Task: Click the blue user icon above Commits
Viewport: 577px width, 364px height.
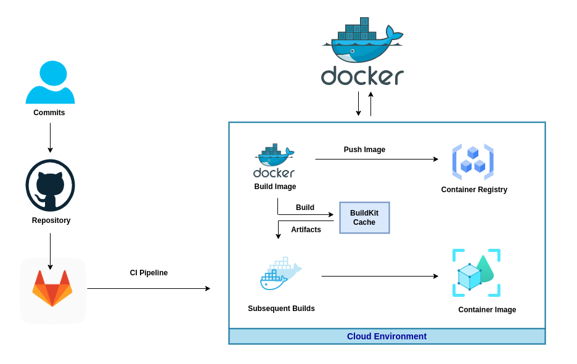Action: click(50, 82)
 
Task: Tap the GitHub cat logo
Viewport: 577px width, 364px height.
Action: click(50, 185)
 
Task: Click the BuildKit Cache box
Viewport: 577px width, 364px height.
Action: click(364, 217)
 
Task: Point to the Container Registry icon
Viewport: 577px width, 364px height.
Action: click(473, 161)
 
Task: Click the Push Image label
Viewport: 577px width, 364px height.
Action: click(364, 150)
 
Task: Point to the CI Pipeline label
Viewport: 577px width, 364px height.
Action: click(149, 273)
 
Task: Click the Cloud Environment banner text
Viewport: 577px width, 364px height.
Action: click(387, 336)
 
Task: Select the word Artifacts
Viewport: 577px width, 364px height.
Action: click(306, 230)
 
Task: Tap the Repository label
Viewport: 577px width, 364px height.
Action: click(51, 220)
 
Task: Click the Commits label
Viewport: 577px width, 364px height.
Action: click(49, 113)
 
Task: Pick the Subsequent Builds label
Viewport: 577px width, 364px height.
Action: click(281, 309)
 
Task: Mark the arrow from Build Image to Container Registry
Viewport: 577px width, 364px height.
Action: click(376, 160)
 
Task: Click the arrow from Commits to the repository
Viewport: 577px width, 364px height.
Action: click(50, 137)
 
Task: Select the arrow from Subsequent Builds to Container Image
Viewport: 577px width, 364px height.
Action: click(379, 277)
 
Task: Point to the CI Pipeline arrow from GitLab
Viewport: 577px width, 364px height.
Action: click(148, 288)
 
